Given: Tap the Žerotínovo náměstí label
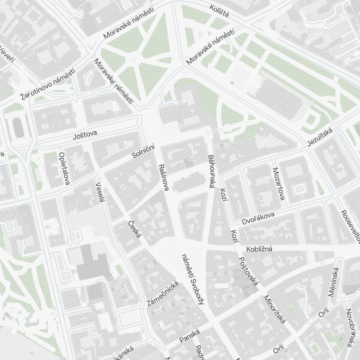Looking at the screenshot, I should point(48,84).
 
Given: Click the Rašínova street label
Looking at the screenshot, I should point(163,177).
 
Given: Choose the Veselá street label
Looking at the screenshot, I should point(100,192).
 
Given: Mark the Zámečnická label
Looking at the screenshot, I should point(163,293).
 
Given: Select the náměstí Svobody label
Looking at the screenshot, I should point(193,279).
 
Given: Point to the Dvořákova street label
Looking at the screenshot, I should point(258,217).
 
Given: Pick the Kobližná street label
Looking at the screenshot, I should point(259,249).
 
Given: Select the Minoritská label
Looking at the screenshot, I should point(275,309).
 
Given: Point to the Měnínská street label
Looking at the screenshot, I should point(334,282).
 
